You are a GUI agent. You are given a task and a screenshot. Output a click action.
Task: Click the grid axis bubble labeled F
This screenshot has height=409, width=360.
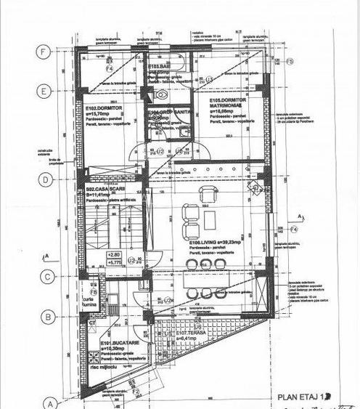[45, 53]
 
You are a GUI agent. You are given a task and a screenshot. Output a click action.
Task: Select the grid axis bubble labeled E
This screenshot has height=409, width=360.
[45, 92]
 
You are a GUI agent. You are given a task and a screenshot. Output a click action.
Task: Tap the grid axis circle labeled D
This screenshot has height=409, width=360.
[45, 179]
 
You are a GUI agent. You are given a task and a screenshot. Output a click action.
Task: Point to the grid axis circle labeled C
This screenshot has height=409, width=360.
[45, 276]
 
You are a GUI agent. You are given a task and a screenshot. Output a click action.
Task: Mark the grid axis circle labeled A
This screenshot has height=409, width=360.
[51, 403]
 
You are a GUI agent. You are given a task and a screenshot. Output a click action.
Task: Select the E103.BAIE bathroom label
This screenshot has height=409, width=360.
[159, 67]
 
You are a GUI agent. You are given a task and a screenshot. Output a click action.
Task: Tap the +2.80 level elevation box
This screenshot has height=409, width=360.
[114, 254]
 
